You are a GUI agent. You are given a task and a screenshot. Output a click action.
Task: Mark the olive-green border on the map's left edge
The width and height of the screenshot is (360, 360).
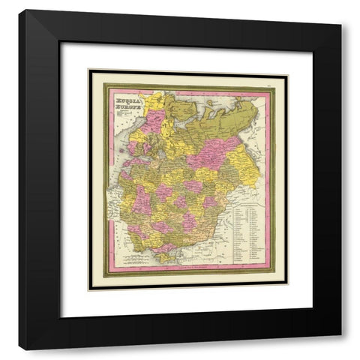pyautogui.click(x=106, y=180)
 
